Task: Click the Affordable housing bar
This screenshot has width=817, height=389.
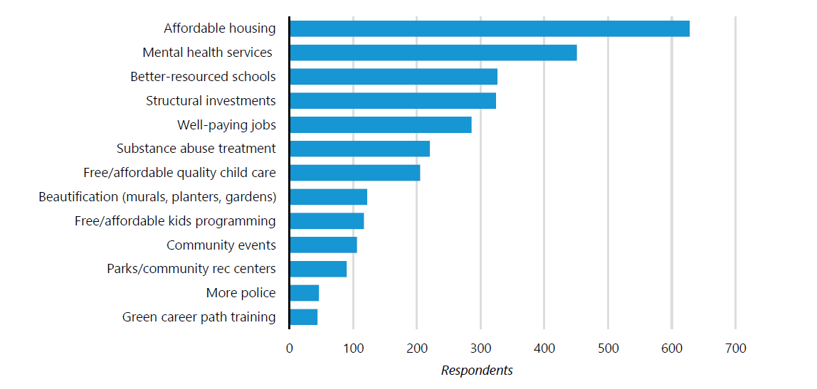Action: [490, 28]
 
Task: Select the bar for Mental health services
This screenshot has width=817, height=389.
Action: [433, 53]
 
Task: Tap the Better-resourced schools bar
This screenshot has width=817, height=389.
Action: [394, 76]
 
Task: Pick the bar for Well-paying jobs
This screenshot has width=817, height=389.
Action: [381, 124]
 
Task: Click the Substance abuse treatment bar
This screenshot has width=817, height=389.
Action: [359, 149]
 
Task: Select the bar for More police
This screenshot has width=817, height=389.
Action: [304, 293]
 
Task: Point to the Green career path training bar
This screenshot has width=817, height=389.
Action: [303, 317]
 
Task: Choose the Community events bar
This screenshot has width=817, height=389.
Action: [323, 245]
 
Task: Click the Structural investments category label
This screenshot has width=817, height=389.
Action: [211, 101]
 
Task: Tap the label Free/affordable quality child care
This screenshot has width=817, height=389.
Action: [179, 173]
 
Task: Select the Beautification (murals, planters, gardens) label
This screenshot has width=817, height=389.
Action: [157, 197]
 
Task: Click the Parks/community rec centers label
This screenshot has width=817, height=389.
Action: [191, 269]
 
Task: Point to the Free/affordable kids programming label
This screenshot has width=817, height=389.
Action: [175, 221]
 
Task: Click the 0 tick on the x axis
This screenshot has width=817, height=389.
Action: [289, 348]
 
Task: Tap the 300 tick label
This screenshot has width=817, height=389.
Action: [480, 348]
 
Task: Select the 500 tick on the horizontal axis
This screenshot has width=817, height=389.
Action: [608, 348]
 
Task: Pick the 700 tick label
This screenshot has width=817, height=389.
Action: [735, 348]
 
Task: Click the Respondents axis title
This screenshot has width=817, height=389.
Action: [477, 371]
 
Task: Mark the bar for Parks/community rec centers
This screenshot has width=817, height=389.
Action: [318, 269]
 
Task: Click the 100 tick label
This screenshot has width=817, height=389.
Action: [353, 348]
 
